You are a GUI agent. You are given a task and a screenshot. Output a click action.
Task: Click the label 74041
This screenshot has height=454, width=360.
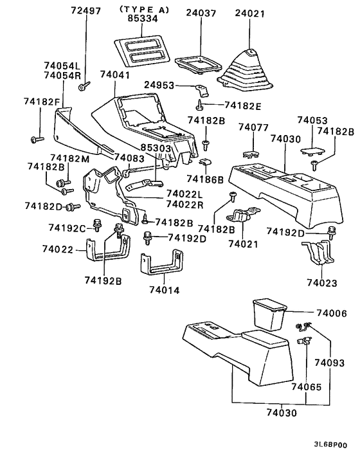tap(115, 75)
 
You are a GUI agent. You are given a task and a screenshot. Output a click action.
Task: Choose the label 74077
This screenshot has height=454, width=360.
tap(253, 128)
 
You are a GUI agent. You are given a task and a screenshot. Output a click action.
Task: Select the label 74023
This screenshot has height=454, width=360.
tap(321, 282)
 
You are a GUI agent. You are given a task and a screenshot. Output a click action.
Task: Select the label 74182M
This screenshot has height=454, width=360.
tap(71, 158)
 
